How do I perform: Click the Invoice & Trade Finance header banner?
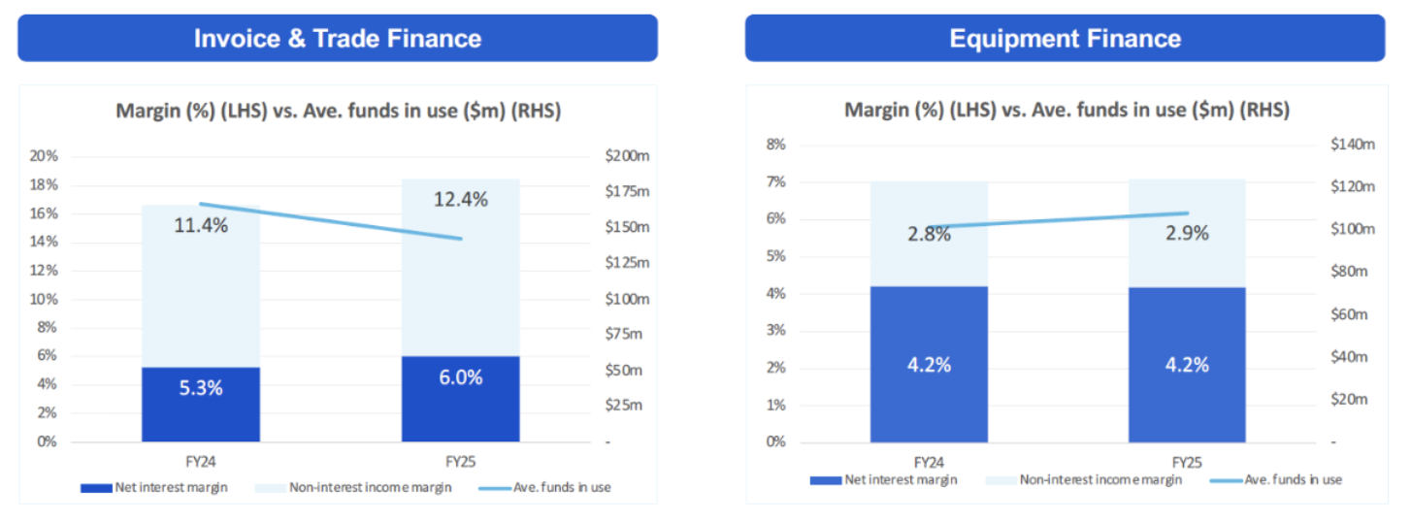[337, 39]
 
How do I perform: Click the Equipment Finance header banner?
[1065, 39]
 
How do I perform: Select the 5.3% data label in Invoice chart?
[201, 388]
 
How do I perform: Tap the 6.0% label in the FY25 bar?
[460, 377]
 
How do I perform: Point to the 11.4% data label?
[201, 226]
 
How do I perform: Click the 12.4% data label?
[460, 200]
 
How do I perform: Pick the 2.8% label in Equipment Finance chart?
[929, 234]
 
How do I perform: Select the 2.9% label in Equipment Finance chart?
[1186, 234]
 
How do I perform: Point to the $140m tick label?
[1353, 145]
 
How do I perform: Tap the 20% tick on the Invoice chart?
[45, 156]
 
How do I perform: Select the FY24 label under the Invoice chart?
[201, 463]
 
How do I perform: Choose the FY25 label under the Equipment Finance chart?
[1186, 463]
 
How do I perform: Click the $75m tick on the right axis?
[623, 335]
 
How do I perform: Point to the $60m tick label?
[1350, 314]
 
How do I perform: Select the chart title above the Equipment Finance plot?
[1066, 111]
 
